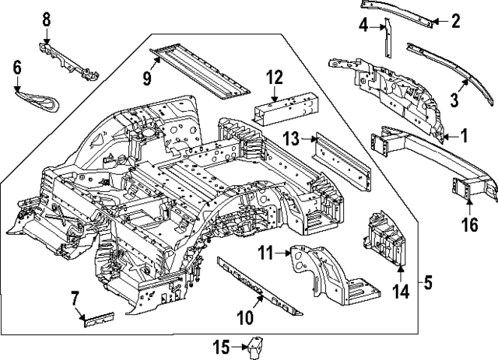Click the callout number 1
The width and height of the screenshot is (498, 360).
[465, 136]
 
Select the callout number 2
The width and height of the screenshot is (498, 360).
[456, 22]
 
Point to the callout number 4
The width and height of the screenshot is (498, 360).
[363, 26]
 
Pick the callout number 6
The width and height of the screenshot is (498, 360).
[17, 68]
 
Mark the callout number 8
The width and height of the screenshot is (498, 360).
[46, 18]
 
